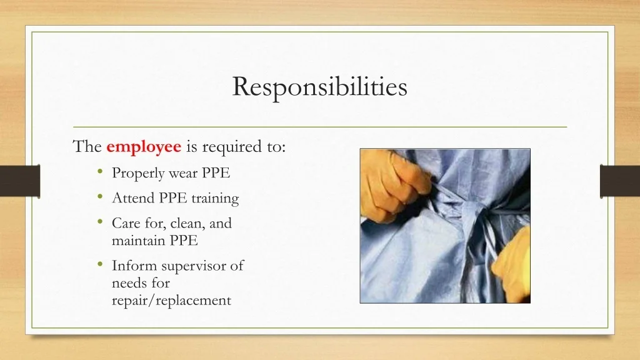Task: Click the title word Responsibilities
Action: click(x=319, y=87)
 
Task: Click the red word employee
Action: click(x=144, y=147)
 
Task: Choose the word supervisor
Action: click(x=194, y=266)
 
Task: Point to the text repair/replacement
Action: click(x=171, y=301)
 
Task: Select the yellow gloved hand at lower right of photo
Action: click(x=512, y=265)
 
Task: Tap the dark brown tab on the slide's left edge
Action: click(x=20, y=181)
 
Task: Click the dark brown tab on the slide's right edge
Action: click(x=619, y=181)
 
